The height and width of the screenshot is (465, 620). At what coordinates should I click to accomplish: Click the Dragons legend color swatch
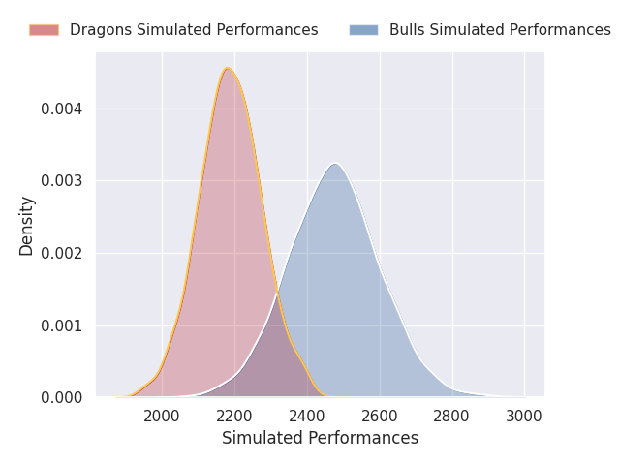[44, 30]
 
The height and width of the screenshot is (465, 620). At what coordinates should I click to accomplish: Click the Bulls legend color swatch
[364, 30]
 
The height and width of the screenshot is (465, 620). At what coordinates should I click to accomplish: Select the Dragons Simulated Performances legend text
[194, 30]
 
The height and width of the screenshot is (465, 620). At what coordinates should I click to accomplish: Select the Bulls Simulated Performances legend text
[500, 30]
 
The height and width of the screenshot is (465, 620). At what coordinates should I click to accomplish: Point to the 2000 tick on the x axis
[162, 417]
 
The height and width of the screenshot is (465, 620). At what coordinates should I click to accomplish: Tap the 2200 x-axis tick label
[234, 417]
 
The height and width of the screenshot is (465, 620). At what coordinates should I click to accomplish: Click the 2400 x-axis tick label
[307, 417]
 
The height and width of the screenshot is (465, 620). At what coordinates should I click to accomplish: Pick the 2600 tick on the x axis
[380, 417]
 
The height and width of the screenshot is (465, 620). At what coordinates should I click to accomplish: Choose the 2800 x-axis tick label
[452, 417]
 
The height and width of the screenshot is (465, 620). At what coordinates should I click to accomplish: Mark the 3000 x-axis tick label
[524, 417]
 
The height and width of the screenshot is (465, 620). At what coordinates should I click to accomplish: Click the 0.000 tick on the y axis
[62, 398]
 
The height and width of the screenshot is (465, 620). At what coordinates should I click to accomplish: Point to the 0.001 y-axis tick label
[62, 325]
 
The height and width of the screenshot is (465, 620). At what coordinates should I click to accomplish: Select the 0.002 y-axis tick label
[62, 253]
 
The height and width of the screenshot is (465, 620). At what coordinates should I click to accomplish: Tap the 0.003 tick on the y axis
[62, 181]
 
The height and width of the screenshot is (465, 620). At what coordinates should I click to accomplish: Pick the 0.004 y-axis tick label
[62, 108]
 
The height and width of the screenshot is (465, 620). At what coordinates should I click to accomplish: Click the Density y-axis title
[26, 226]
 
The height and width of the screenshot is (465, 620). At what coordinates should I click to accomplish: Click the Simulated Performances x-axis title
[321, 438]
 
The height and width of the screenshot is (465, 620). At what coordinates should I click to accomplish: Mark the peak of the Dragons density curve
[228, 68]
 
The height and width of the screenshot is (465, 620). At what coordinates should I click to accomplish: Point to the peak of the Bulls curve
[335, 164]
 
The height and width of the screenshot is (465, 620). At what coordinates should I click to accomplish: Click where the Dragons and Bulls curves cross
[276, 293]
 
